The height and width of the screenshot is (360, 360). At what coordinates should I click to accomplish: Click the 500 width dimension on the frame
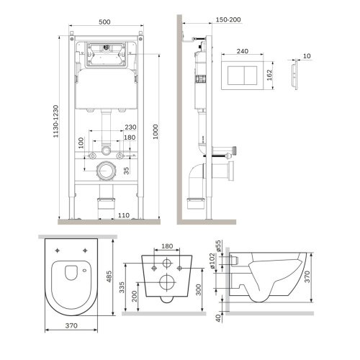[x=106, y=22]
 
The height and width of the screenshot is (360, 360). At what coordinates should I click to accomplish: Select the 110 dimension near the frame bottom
[x=123, y=215]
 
